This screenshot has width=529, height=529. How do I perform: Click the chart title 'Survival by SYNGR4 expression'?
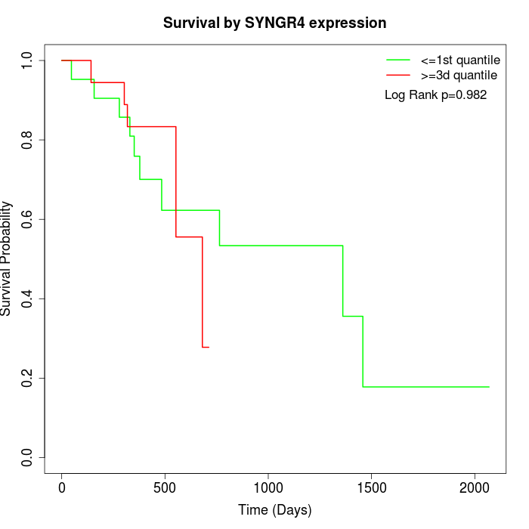[275, 23]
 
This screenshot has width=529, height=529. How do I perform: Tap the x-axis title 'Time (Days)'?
[275, 510]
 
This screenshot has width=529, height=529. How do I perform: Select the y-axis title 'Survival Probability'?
[7, 258]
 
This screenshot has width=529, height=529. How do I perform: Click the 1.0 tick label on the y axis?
[28, 60]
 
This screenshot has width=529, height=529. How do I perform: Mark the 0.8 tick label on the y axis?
[28, 140]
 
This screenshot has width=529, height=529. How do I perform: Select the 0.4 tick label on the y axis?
[28, 299]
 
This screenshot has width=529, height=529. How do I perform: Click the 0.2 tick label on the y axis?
[28, 378]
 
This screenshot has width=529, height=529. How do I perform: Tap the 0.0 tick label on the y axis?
[28, 457]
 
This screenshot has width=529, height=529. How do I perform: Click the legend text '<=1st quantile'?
[459, 60]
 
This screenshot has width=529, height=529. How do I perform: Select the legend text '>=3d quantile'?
[459, 76]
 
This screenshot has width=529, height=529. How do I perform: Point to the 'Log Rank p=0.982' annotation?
[436, 95]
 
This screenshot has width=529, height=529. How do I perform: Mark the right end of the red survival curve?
[209, 347]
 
